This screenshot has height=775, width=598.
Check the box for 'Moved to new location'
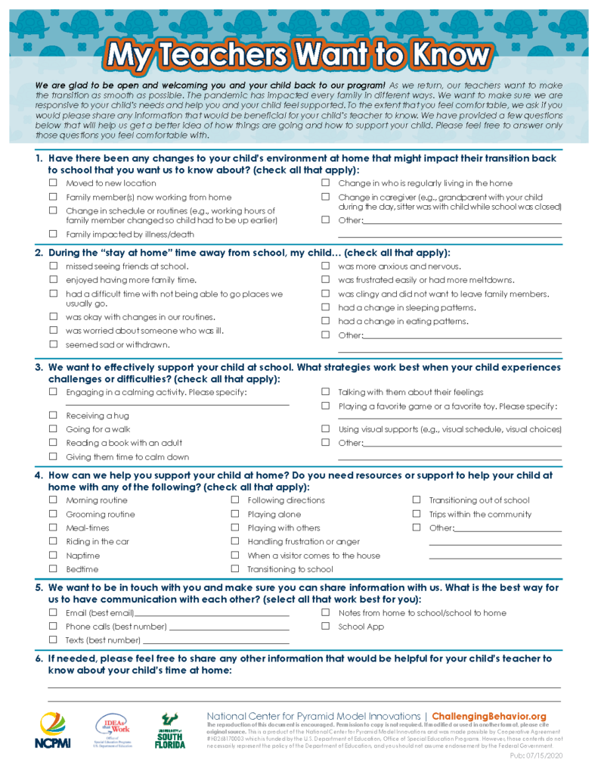(x=53, y=183)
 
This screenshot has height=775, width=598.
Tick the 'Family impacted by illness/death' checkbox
(x=53, y=234)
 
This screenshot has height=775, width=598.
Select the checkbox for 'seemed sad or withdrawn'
(x=53, y=344)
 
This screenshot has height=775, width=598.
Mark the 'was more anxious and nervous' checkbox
(x=326, y=266)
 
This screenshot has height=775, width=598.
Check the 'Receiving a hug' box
(x=53, y=416)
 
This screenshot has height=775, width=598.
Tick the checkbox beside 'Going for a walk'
(x=53, y=429)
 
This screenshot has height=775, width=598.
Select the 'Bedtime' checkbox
(x=53, y=569)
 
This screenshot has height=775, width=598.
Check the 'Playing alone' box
(x=235, y=514)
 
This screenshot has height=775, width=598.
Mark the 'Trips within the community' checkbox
(x=417, y=514)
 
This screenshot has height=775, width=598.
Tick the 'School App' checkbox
(x=326, y=626)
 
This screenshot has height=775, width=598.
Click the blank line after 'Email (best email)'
(x=212, y=615)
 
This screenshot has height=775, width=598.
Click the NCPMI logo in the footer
(x=52, y=731)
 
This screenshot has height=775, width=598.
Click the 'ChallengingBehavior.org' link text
(x=489, y=716)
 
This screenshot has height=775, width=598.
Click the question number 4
(x=39, y=476)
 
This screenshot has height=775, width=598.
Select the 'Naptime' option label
(x=82, y=556)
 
